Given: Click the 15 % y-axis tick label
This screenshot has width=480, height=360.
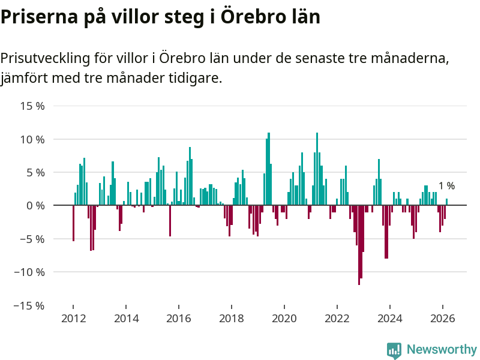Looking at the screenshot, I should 33,106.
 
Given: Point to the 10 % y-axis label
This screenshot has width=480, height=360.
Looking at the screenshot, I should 33,139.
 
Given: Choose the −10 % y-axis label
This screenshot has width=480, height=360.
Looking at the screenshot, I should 30,272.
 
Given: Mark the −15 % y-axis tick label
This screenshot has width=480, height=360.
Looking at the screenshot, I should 30,305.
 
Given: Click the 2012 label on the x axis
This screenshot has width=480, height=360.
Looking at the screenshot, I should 73,318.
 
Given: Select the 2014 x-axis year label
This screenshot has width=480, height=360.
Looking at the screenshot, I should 126,318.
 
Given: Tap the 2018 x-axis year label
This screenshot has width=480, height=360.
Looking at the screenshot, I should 232,318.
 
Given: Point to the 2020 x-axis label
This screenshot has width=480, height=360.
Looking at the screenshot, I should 284,318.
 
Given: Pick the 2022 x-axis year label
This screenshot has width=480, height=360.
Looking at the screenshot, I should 337,318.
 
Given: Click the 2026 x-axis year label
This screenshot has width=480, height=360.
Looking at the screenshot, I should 442,318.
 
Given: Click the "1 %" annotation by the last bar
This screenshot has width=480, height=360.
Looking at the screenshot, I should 446,186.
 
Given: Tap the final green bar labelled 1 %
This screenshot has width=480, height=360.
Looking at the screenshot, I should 447,202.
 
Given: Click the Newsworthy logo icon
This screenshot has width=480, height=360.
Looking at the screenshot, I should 394,350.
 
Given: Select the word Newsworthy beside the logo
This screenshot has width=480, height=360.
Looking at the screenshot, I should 442,349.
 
